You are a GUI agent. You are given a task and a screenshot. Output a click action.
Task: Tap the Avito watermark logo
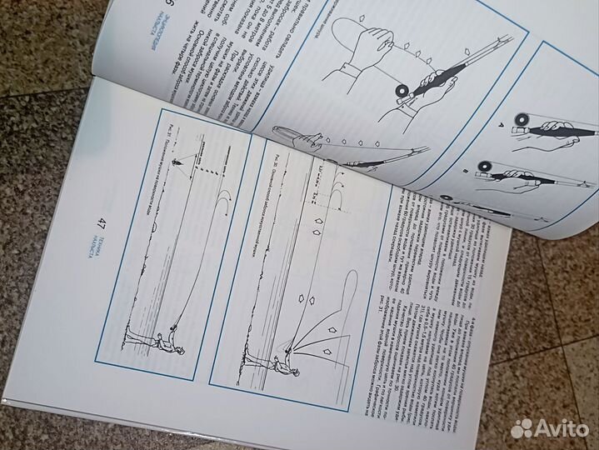550,427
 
